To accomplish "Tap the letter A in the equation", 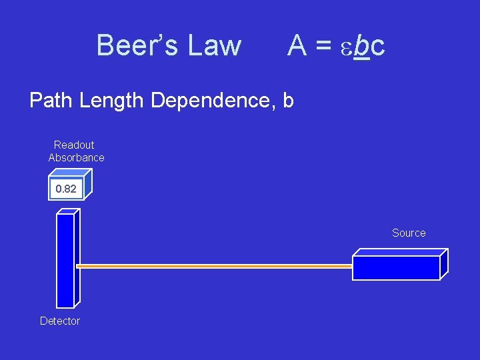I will (x=297, y=45).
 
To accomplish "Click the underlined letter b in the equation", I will (x=361, y=45).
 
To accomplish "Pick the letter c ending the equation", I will (x=377, y=47).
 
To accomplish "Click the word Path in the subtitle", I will (x=52, y=101).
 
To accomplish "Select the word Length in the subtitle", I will (x=111, y=101).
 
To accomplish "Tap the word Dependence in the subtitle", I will (x=213, y=101).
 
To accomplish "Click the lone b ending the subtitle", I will (x=288, y=101).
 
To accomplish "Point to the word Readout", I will (x=74, y=145).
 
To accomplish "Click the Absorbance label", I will (x=76, y=157).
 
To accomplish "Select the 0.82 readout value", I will (x=66, y=189).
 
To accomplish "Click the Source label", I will (x=409, y=233).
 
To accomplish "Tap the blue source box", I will (x=396, y=267).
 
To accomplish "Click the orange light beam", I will (x=213, y=266).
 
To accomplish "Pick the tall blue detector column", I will (x=65, y=260).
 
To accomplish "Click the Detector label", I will (x=60, y=321).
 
